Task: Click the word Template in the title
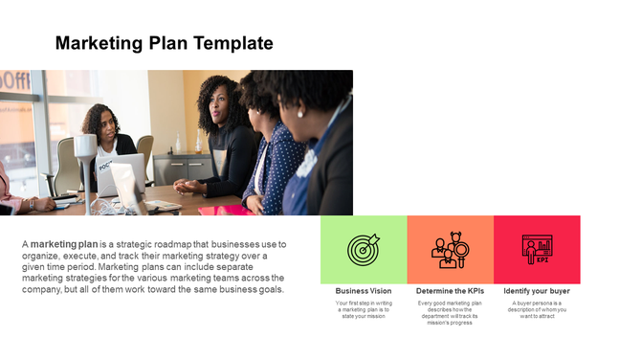tap(233, 43)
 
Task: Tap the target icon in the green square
tap(364, 250)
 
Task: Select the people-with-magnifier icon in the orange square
tap(450, 250)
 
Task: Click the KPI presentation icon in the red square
tap(536, 250)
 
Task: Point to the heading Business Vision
tap(364, 291)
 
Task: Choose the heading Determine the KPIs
tap(450, 291)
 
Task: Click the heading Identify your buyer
tap(537, 291)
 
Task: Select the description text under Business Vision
tap(364, 309)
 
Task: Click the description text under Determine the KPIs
tap(450, 312)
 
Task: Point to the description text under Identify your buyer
tap(537, 309)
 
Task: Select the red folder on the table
tap(222, 210)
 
